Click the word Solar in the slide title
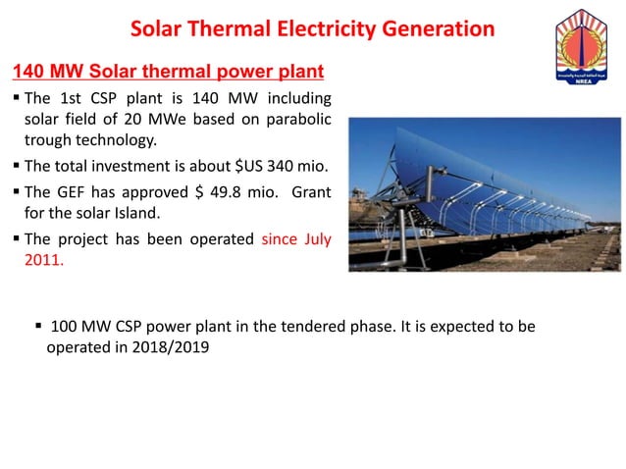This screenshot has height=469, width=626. click(x=156, y=28)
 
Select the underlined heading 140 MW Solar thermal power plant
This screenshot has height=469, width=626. click(x=166, y=73)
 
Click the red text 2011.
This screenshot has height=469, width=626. click(x=41, y=261)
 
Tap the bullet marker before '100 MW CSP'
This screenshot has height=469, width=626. click(x=39, y=326)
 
